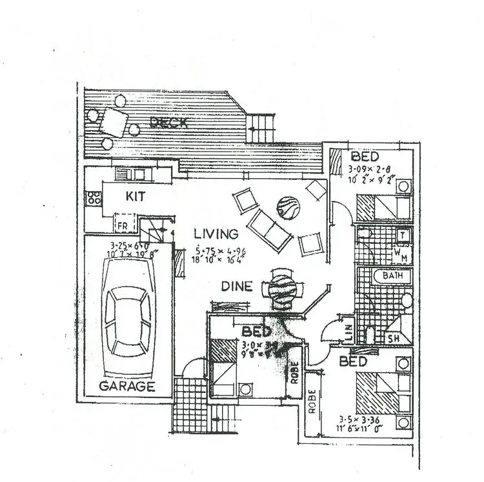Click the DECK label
pyautogui.click(x=168, y=123)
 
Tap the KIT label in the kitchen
pyautogui.click(x=136, y=194)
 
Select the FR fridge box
pyautogui.click(x=122, y=225)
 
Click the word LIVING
pyautogui.click(x=216, y=234)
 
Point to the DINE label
pyautogui.click(x=237, y=286)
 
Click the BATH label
pyautogui.click(x=392, y=276)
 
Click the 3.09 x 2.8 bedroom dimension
pyautogui.click(x=370, y=170)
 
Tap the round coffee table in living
pyautogui.click(x=287, y=208)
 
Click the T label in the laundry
pyautogui.click(x=401, y=236)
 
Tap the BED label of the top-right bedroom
pyautogui.click(x=365, y=157)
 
